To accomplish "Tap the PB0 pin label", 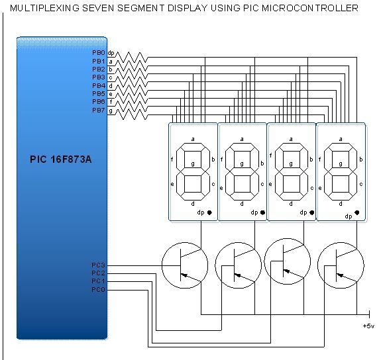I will point(98,52).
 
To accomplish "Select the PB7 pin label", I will point(98,110).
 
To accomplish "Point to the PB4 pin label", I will point(98,85).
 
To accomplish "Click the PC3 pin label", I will point(98,265).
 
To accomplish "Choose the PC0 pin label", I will point(98,289).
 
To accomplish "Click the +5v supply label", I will point(368,326).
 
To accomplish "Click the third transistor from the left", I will point(288,263).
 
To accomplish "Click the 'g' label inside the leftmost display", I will point(193,163).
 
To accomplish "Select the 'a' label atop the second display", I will point(242,140).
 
